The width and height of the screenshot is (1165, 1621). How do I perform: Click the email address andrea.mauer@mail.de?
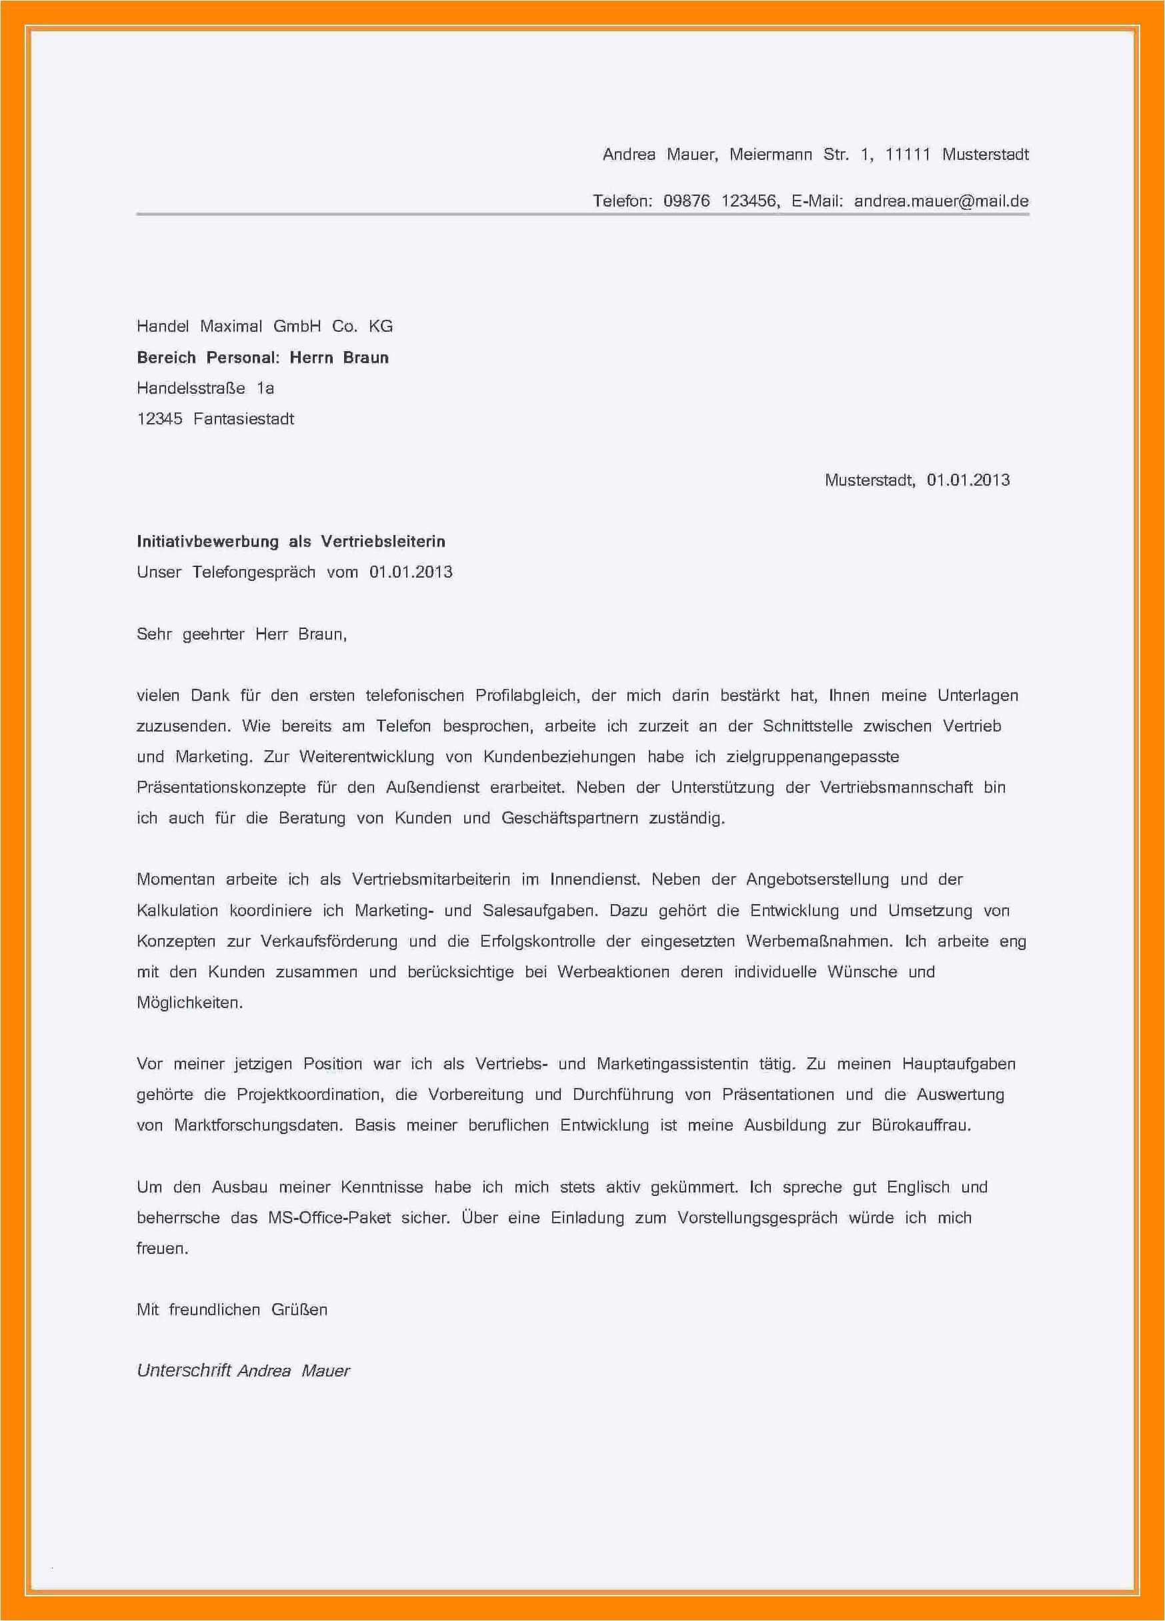tap(941, 201)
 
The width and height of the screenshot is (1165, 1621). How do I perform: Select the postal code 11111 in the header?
tap(908, 155)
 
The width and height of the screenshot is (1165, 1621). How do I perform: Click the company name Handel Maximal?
tap(199, 326)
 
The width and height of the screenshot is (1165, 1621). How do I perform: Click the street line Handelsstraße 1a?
tap(205, 388)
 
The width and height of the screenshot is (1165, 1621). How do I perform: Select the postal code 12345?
tap(159, 419)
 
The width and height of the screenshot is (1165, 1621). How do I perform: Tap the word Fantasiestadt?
tap(243, 419)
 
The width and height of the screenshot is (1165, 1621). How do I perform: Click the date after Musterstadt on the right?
tap(968, 480)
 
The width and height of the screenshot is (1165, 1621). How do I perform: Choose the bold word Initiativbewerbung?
tap(207, 542)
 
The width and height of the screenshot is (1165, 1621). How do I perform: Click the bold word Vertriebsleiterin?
tap(383, 542)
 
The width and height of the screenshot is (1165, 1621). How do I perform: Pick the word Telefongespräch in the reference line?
tap(254, 572)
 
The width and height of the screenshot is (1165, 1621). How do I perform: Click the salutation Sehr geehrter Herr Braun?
tap(241, 634)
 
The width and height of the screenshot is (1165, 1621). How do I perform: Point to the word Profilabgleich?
tap(526, 696)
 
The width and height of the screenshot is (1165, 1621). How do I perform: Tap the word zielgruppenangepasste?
tap(813, 757)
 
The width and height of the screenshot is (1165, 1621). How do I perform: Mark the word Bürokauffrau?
tap(921, 1126)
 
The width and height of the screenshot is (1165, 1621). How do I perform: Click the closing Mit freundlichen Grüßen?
tap(231, 1310)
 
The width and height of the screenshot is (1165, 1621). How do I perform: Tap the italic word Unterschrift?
tap(184, 1371)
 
